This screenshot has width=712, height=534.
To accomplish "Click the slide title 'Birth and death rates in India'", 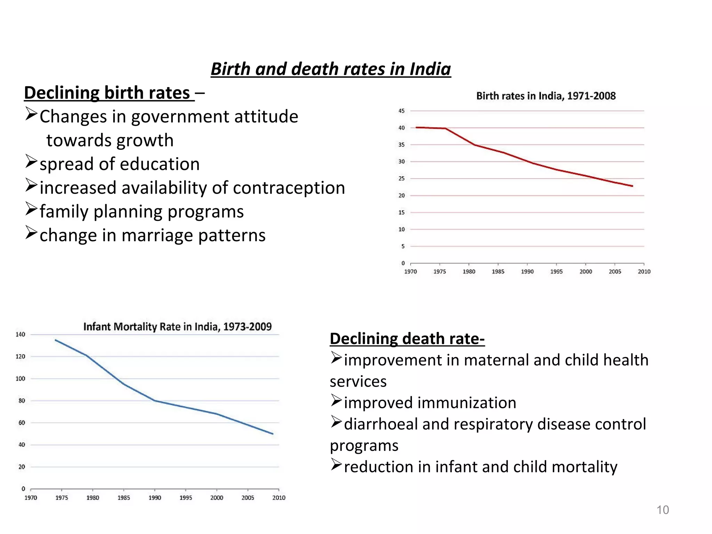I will point(331,69).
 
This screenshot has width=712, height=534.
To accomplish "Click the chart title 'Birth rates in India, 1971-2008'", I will point(545,96).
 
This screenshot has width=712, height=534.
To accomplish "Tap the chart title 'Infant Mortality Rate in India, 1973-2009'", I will point(177,327).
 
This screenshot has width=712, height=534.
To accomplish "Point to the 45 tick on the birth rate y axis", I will point(402,111).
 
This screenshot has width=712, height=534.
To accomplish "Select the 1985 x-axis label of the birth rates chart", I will point(498,272).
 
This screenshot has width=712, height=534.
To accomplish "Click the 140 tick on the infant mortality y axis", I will point(21,334).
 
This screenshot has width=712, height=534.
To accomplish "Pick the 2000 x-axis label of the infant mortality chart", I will point(217,498).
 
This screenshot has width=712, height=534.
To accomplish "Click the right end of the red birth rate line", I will point(632,186).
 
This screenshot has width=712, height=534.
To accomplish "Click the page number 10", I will point(662,510).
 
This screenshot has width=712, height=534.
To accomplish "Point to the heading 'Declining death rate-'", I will point(407,339).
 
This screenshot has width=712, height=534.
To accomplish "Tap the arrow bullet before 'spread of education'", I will point(31,162).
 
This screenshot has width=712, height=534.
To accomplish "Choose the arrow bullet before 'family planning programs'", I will point(31,209).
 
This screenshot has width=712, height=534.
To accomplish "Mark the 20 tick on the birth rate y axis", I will point(402,195).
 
